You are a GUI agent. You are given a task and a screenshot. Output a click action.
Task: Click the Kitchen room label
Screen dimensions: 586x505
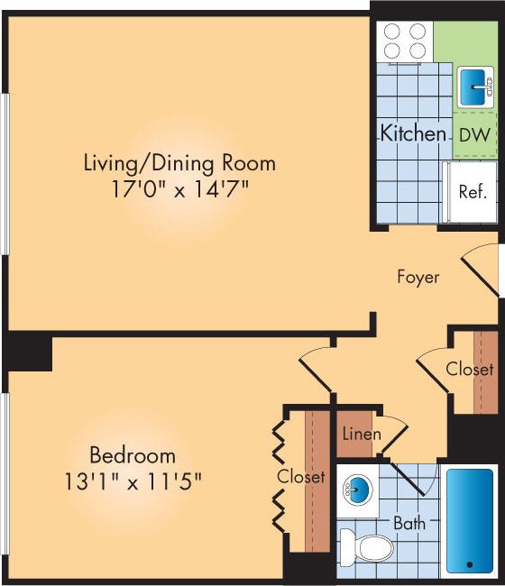[413, 134]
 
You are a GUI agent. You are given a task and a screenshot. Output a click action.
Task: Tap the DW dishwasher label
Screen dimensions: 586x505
[474, 135]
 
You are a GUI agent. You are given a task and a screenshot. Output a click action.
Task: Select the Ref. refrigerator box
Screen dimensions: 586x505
[473, 192]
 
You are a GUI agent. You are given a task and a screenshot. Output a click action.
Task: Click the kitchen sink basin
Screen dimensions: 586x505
[473, 87]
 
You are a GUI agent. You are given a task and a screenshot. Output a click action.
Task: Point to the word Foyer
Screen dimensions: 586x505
[418, 277]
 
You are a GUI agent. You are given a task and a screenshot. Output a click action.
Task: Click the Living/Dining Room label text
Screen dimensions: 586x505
[179, 164]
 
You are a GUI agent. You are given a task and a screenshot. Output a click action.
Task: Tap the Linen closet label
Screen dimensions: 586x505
[361, 435]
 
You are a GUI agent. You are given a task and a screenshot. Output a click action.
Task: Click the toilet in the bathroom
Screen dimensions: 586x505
[368, 546]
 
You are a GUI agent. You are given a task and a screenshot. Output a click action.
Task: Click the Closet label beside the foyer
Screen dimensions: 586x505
[470, 370]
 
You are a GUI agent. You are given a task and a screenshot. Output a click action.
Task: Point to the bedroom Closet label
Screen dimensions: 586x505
[301, 476]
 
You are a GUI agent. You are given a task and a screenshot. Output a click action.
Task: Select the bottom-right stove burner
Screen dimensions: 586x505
[417, 50]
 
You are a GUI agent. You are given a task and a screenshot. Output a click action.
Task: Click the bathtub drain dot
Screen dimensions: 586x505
[470, 564]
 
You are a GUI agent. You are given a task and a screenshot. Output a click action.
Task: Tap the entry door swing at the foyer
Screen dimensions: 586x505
[480, 266]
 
